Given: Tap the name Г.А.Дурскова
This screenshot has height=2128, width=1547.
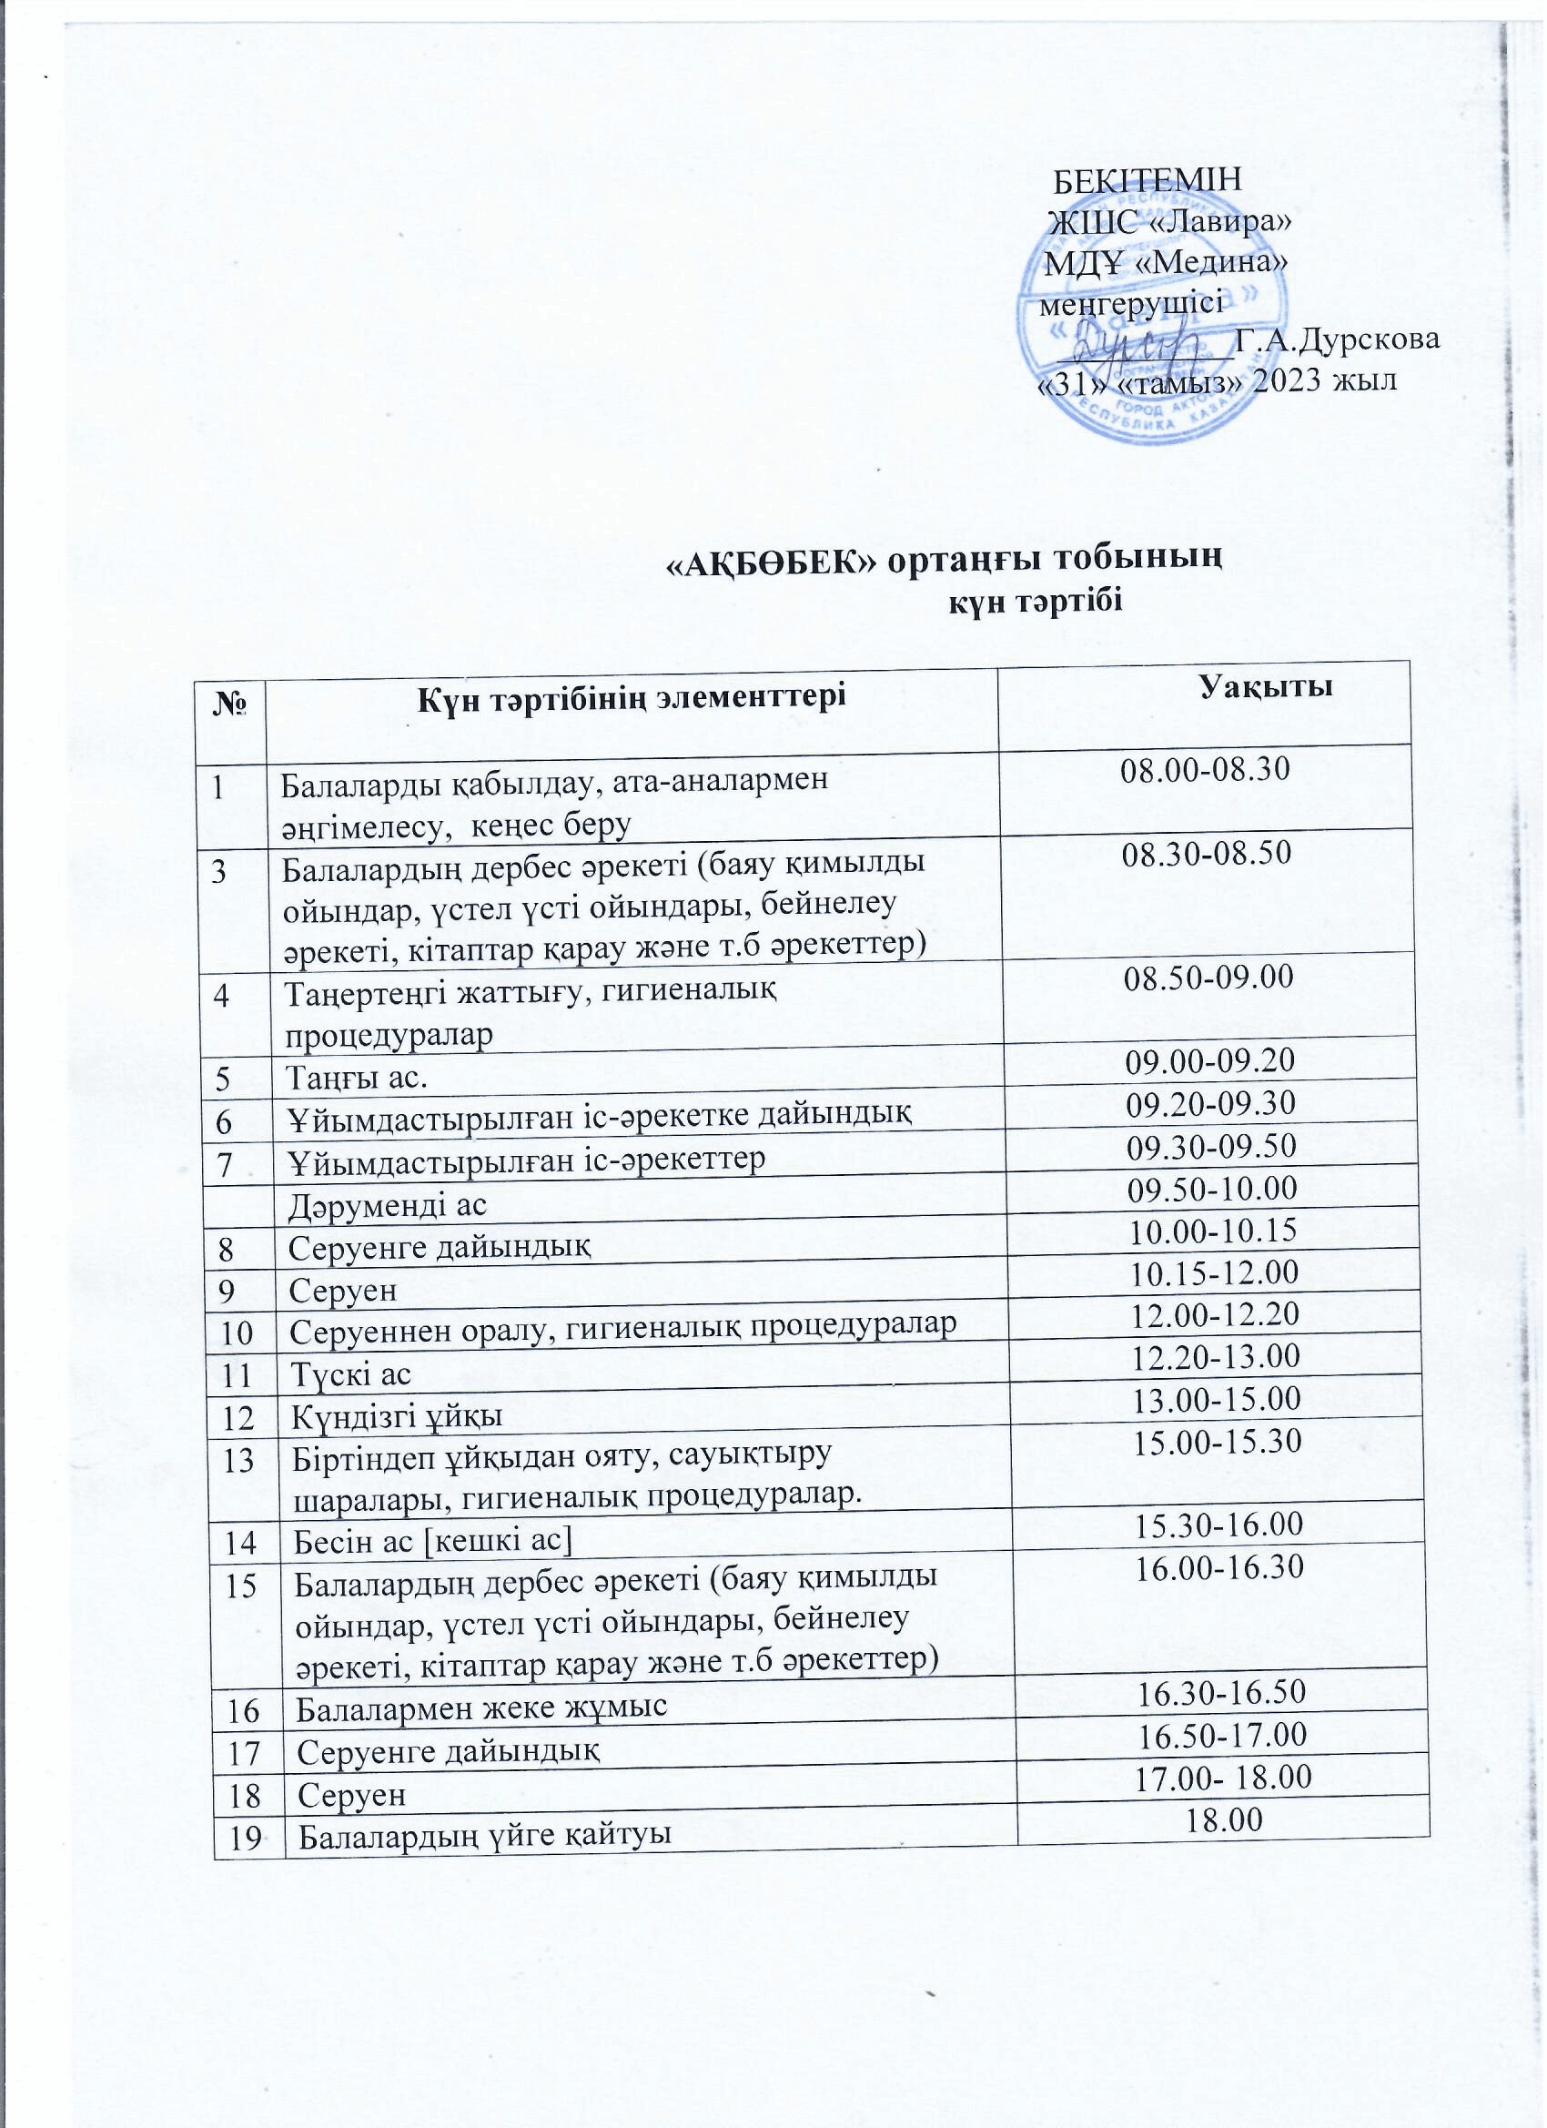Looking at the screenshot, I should (1337, 339).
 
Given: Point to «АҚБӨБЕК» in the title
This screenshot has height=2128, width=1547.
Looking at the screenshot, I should (771, 561).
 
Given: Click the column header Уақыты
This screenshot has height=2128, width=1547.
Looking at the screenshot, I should (1266, 687).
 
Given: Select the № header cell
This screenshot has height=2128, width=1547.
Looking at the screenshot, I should (231, 704).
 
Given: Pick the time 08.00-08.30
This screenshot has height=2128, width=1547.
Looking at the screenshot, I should (1206, 769).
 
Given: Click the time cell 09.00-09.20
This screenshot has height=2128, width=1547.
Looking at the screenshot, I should (1210, 1060).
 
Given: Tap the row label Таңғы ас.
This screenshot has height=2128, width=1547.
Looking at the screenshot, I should (357, 1078).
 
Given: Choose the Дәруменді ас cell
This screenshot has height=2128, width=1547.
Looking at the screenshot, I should (388, 1206).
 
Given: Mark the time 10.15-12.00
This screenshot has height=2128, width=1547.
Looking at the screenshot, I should (1214, 1272).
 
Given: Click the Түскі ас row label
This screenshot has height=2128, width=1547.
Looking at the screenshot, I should (351, 1374).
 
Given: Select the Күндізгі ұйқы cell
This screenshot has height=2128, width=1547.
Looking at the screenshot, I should (396, 1417).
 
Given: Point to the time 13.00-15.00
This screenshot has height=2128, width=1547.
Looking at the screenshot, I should (1217, 1399).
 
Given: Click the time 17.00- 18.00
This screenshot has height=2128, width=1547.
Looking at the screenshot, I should (1223, 1776).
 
